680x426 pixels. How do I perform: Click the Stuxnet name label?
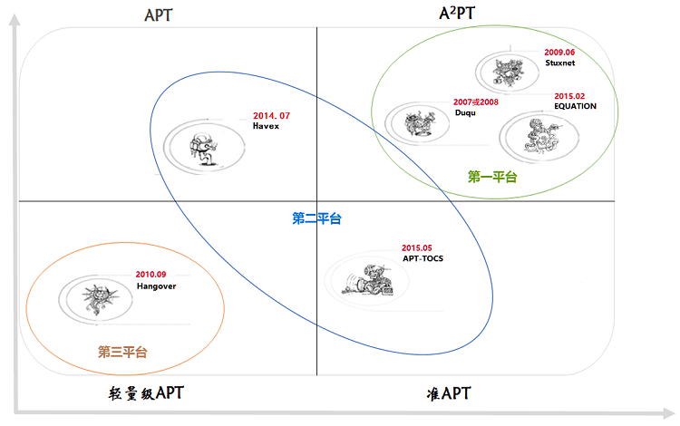point(560,63)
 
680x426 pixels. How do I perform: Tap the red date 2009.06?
point(559,53)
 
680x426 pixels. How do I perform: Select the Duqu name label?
point(465,112)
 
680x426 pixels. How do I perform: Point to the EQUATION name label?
point(575,106)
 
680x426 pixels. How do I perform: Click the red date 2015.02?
point(569,96)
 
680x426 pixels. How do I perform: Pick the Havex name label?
point(266,126)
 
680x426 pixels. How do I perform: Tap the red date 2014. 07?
point(271,116)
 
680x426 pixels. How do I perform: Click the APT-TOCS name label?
point(423,258)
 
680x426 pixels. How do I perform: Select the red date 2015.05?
point(417,247)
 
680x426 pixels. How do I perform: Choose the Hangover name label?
point(156,286)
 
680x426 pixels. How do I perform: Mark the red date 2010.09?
point(151,275)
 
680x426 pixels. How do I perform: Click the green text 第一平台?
point(492,177)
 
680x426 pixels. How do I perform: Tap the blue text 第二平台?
point(316,218)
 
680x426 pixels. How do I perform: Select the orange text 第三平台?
point(122,352)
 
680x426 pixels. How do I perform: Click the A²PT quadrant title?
point(457,13)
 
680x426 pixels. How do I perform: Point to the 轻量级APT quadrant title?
point(146,393)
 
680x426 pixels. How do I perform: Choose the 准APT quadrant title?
point(449,393)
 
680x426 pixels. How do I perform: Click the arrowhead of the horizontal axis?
point(669,413)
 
